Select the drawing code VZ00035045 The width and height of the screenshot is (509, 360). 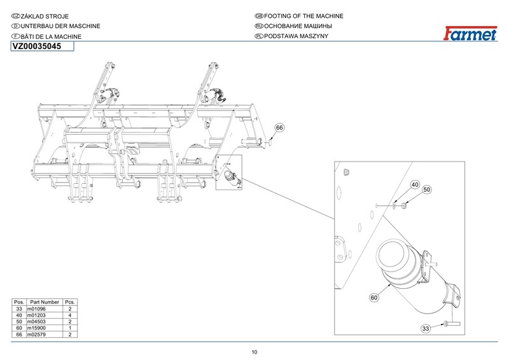pyautogui.click(x=37, y=46)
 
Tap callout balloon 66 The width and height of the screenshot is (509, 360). pyautogui.click(x=279, y=128)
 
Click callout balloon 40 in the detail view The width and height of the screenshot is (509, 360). pyautogui.click(x=414, y=185)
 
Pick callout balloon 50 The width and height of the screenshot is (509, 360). pyautogui.click(x=427, y=190)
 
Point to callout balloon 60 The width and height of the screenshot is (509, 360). pyautogui.click(x=374, y=297)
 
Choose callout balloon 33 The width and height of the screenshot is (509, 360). pyautogui.click(x=426, y=328)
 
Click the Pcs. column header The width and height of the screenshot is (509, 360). pyautogui.click(x=71, y=302)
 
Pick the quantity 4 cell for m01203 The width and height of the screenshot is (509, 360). pyautogui.click(x=71, y=315)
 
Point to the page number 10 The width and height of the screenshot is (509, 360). pyautogui.click(x=254, y=352)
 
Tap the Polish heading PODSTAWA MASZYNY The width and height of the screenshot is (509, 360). pyautogui.click(x=299, y=37)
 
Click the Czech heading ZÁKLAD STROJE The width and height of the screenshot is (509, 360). pyautogui.click(x=45, y=16)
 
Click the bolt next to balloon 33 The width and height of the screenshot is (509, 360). pyautogui.click(x=447, y=324)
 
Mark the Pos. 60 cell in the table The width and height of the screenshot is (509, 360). pyautogui.click(x=19, y=328)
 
